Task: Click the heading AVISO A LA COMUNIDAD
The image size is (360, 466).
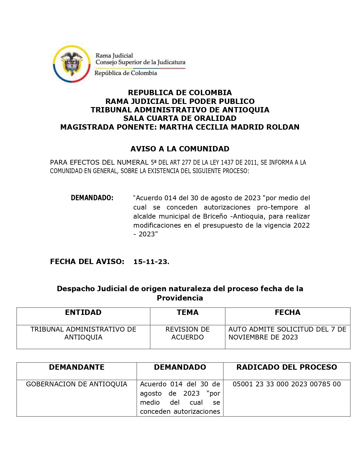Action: click(180, 149)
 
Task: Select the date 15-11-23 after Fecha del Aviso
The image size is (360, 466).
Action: click(151, 262)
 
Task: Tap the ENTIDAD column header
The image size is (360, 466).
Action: click(83, 312)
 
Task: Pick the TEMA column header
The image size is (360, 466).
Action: click(187, 312)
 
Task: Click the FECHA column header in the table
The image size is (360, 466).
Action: click(287, 312)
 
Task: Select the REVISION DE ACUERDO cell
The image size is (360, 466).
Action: click(187, 333)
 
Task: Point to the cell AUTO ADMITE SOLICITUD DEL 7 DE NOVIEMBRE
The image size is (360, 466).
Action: click(287, 333)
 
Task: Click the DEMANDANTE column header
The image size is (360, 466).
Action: click(77, 367)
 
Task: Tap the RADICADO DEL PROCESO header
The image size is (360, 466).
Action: click(287, 367)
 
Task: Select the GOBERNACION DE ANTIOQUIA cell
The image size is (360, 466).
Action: click(77, 384)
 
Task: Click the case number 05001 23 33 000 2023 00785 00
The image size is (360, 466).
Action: click(287, 384)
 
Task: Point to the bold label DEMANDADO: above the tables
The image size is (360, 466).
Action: click(92, 198)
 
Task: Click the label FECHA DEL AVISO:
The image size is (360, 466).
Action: click(87, 262)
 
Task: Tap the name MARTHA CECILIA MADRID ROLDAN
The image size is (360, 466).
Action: click(229, 127)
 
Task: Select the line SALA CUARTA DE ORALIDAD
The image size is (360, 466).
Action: click(180, 118)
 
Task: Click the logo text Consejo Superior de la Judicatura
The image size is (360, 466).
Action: click(140, 62)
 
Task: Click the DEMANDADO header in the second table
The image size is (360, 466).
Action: click(180, 367)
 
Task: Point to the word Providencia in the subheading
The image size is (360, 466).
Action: click(180, 298)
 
